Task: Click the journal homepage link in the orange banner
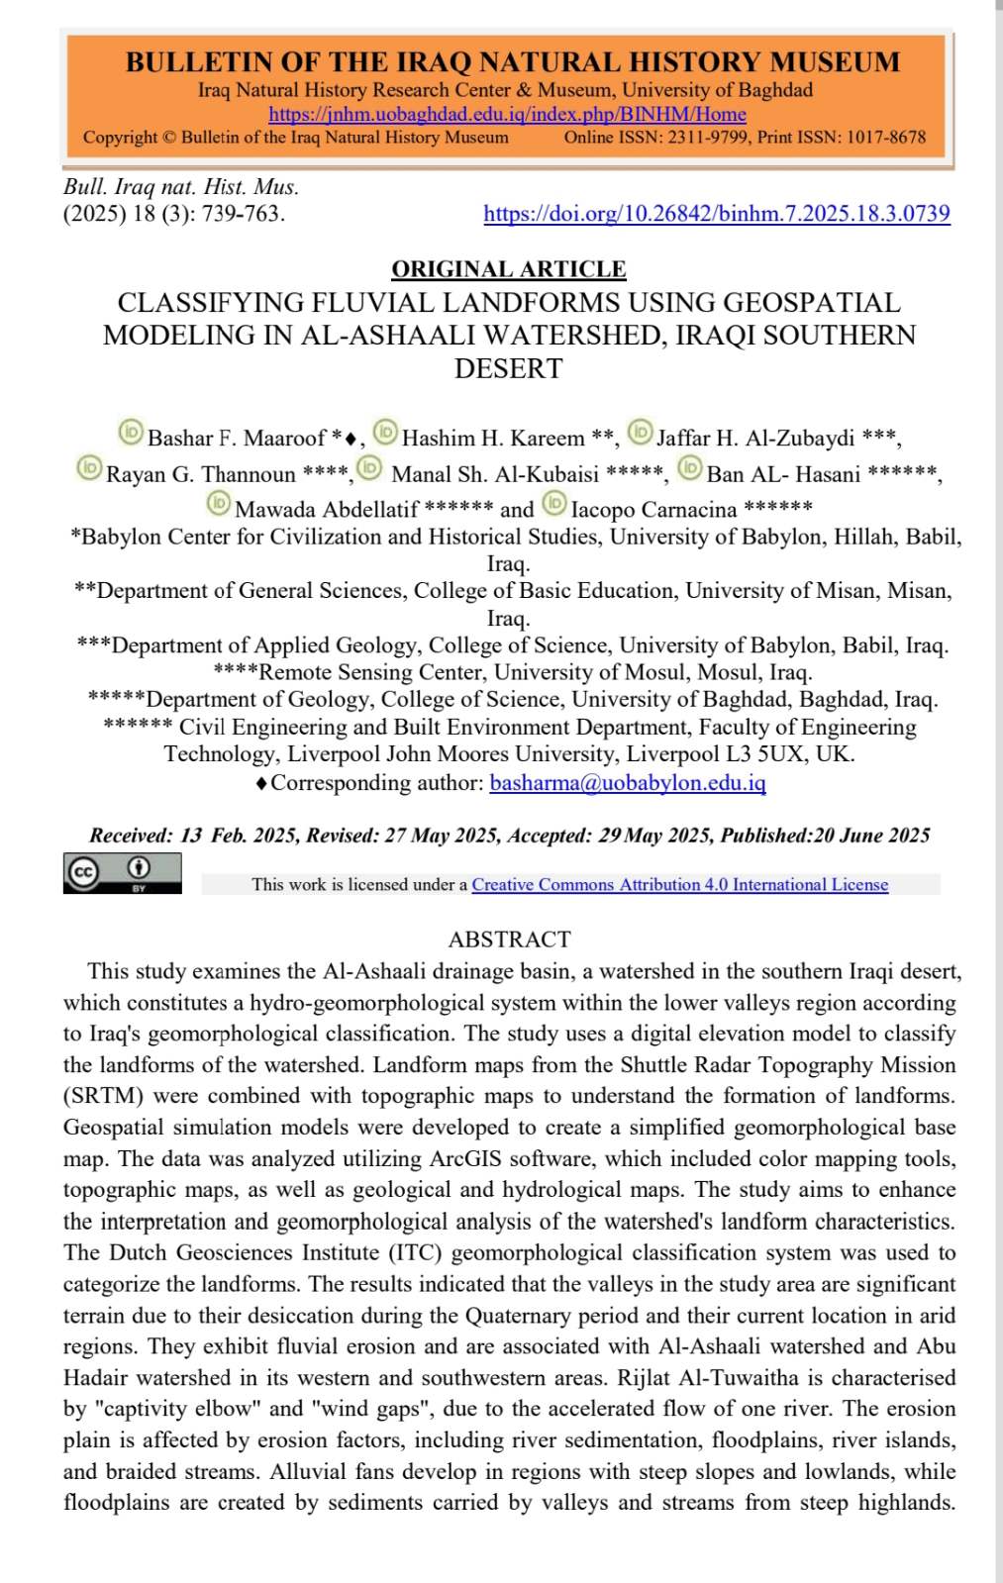pos(507,115)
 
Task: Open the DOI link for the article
pos(716,214)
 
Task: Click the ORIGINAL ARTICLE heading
pos(509,269)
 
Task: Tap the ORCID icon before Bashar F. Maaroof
pos(131,432)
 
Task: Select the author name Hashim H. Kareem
pos(493,438)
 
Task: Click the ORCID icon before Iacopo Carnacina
pos(554,504)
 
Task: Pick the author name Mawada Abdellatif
pos(327,510)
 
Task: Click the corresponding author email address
pos(628,783)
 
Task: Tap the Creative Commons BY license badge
pos(123,872)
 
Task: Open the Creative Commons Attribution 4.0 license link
pos(679,885)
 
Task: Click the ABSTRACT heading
pos(509,940)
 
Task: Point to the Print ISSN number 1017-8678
pos(886,138)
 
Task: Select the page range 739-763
pos(242,214)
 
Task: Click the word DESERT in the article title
pos(509,368)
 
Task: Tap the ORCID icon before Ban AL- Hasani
pos(690,467)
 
